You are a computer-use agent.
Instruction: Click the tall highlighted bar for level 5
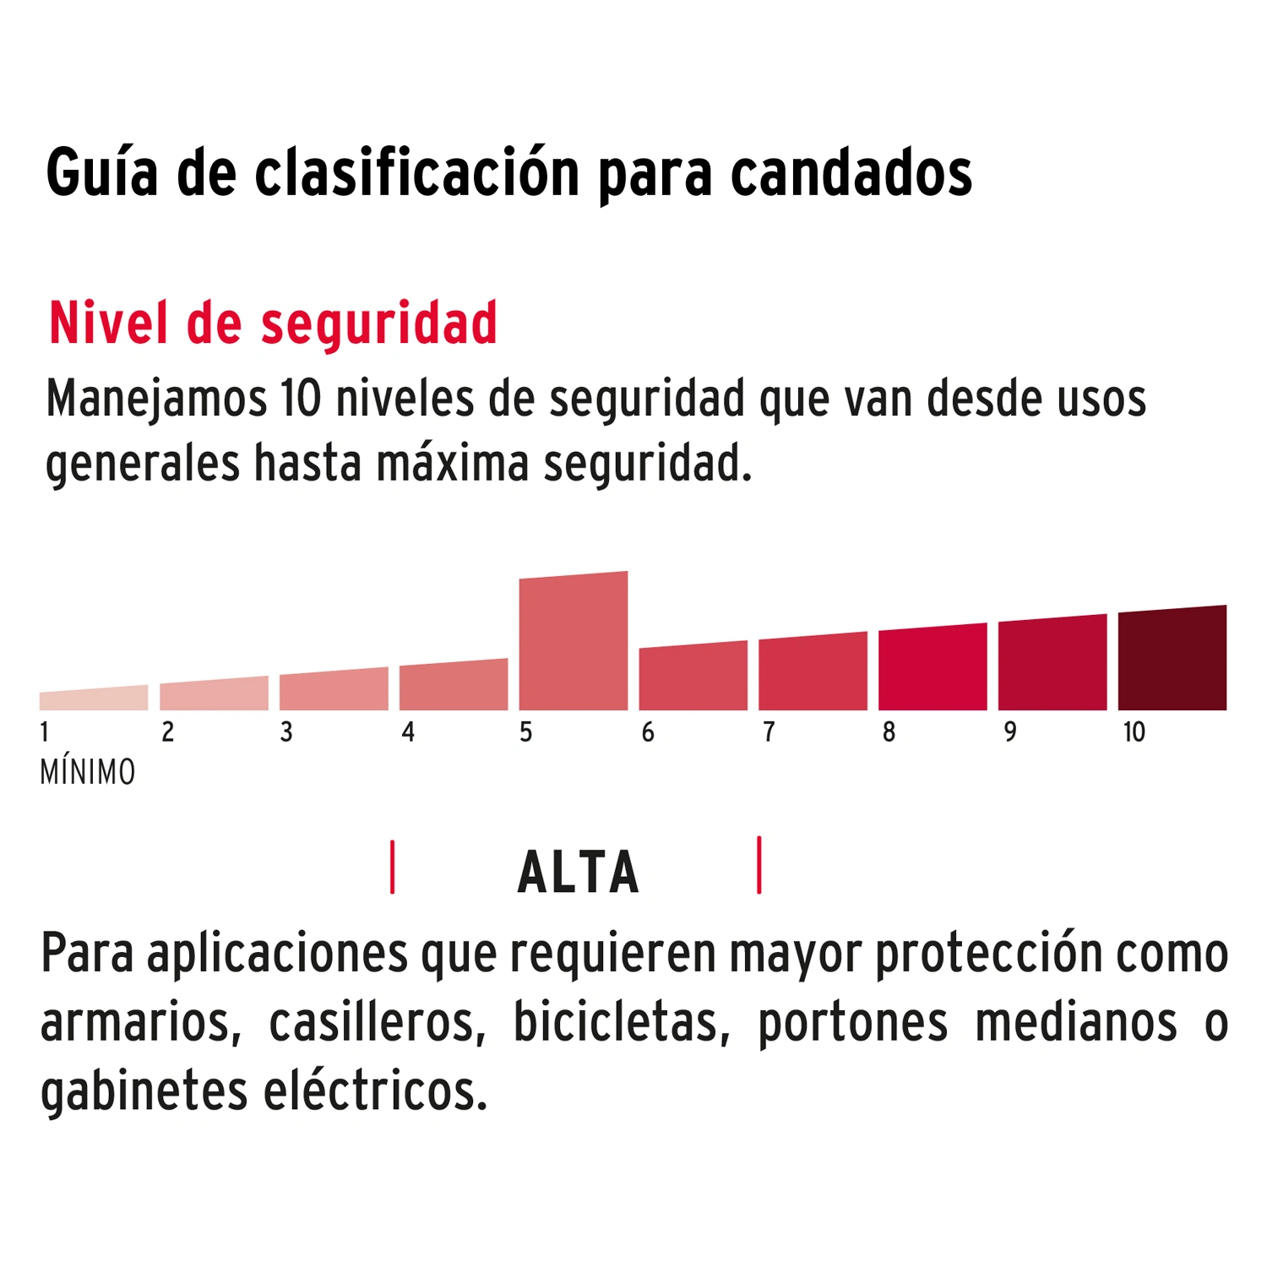[x=574, y=642]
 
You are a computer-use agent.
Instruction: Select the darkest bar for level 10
[x=1172, y=659]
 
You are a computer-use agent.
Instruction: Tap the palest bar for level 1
[x=93, y=699]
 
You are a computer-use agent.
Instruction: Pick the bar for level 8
[x=933, y=668]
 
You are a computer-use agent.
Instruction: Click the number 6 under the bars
[x=648, y=732]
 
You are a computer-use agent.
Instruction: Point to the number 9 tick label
[x=1010, y=732]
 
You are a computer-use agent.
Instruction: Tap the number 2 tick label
[x=168, y=732]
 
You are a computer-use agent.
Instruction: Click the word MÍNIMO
[x=88, y=772]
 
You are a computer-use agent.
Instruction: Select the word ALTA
[x=579, y=873]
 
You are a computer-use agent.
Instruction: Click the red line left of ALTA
[x=393, y=867]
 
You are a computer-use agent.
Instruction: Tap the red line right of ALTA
[x=759, y=865]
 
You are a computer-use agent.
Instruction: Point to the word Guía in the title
[x=102, y=173]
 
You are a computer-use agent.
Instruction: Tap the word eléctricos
[x=376, y=1091]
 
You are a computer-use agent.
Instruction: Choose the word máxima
[x=453, y=464]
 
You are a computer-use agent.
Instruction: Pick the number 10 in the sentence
[x=302, y=399]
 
